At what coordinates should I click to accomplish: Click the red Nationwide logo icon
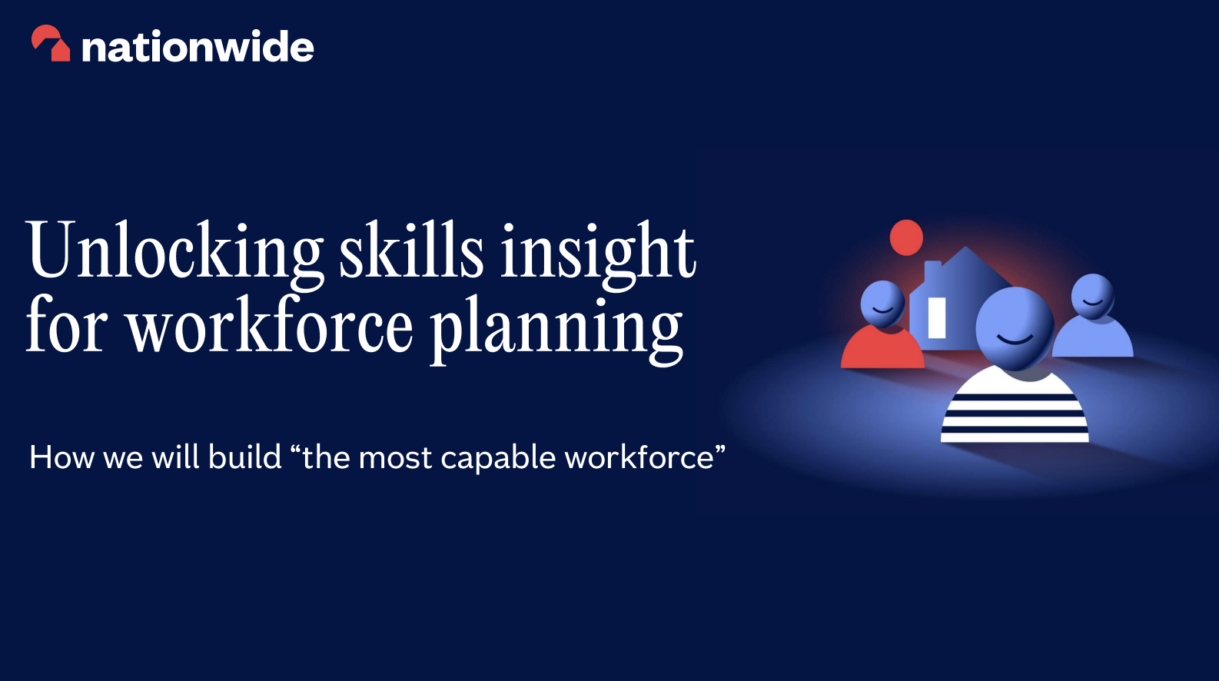[51, 44]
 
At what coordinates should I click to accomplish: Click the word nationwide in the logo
[198, 47]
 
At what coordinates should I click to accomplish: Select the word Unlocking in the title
[175, 252]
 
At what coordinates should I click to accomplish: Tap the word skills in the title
[411, 251]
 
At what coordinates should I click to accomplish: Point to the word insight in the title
[598, 252]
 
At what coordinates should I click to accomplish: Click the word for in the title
[66, 326]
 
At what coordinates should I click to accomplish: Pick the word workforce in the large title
[270, 326]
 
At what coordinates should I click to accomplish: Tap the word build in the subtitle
[245, 457]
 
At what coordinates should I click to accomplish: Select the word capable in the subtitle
[498, 458]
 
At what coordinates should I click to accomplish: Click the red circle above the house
[906, 238]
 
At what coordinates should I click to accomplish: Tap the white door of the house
[936, 317]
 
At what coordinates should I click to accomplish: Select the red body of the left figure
[882, 350]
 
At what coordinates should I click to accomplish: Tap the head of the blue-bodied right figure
[1092, 295]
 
